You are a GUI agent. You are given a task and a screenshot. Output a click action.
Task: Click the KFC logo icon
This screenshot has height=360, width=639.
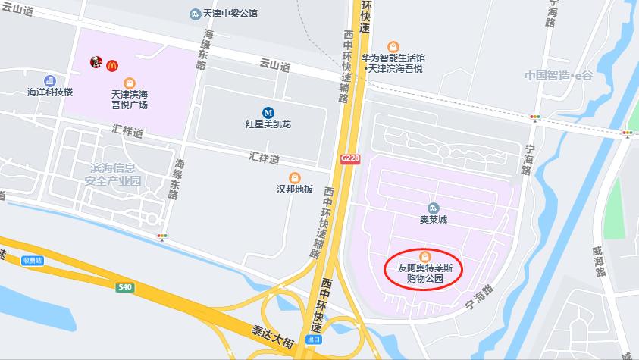point(96,64)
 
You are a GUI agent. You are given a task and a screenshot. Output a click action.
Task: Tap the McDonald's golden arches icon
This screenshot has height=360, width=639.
point(112,66)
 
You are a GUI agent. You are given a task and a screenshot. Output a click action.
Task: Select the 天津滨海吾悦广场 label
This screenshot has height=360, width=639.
point(129,100)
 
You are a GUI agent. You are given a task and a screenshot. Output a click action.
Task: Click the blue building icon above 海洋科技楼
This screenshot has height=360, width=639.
point(50,80)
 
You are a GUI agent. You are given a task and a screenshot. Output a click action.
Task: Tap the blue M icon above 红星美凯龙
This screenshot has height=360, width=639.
point(268,111)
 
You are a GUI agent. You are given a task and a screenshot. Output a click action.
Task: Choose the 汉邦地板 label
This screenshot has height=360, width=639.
point(295,189)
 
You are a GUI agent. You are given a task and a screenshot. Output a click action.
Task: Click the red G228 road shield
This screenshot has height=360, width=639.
point(349,158)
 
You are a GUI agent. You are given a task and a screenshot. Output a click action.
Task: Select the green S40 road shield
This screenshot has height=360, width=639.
point(125,287)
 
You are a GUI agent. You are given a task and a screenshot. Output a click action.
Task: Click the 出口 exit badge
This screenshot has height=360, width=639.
point(313,339)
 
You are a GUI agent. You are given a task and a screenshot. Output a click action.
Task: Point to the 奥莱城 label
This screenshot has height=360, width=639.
point(434,220)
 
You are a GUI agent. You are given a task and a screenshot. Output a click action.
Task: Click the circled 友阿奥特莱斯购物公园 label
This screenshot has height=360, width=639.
point(425,272)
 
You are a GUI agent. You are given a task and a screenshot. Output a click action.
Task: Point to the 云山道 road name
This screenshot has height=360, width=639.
point(274,67)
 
